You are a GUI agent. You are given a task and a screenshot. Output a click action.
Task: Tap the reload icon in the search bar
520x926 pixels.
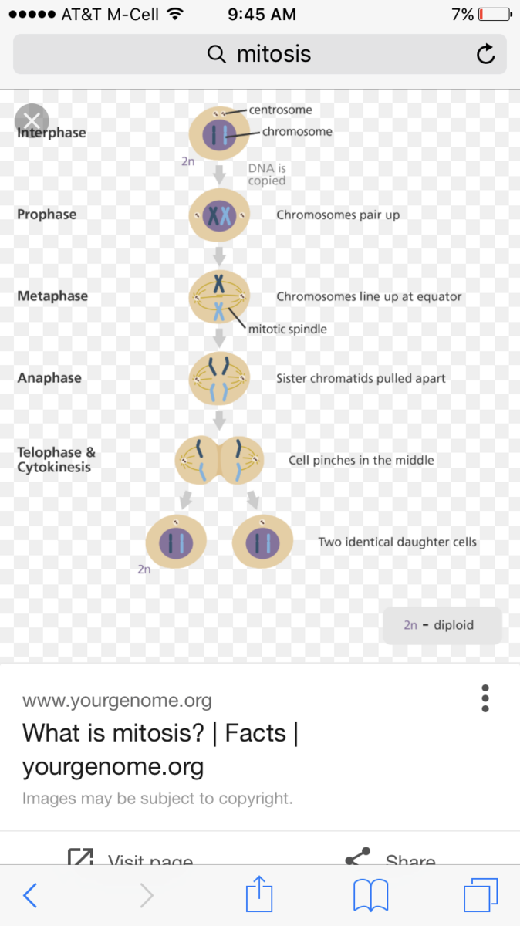click(485, 54)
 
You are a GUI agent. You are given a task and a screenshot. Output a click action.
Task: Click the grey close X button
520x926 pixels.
click(32, 120)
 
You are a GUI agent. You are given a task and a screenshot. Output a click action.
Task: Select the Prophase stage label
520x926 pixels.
click(47, 215)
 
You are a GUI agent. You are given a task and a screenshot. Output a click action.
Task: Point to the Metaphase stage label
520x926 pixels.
click(52, 296)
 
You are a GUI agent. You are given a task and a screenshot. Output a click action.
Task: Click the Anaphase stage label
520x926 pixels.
click(49, 378)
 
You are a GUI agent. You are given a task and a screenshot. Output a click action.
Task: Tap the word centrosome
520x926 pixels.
click(280, 110)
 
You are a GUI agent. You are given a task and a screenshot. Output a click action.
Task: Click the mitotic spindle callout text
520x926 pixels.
click(287, 330)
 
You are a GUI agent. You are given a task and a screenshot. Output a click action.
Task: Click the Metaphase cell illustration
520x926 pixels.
click(220, 297)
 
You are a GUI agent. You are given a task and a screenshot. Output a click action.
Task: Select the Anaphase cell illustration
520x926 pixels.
click(220, 379)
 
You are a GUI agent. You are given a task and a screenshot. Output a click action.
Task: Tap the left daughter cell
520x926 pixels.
click(177, 542)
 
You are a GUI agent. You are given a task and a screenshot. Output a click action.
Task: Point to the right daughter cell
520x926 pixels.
click(262, 542)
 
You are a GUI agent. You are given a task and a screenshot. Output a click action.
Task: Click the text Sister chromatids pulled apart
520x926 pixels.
click(361, 379)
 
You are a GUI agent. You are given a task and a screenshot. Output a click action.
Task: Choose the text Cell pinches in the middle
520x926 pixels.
click(361, 461)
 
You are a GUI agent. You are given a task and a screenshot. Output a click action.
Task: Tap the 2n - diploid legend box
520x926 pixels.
click(442, 625)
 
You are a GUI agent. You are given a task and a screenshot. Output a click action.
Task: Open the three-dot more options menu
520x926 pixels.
click(485, 698)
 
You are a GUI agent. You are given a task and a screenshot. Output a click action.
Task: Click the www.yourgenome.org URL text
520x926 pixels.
click(116, 701)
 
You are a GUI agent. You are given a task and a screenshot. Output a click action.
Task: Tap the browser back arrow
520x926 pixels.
click(30, 895)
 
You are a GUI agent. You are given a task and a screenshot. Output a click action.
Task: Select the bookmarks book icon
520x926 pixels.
click(370, 896)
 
